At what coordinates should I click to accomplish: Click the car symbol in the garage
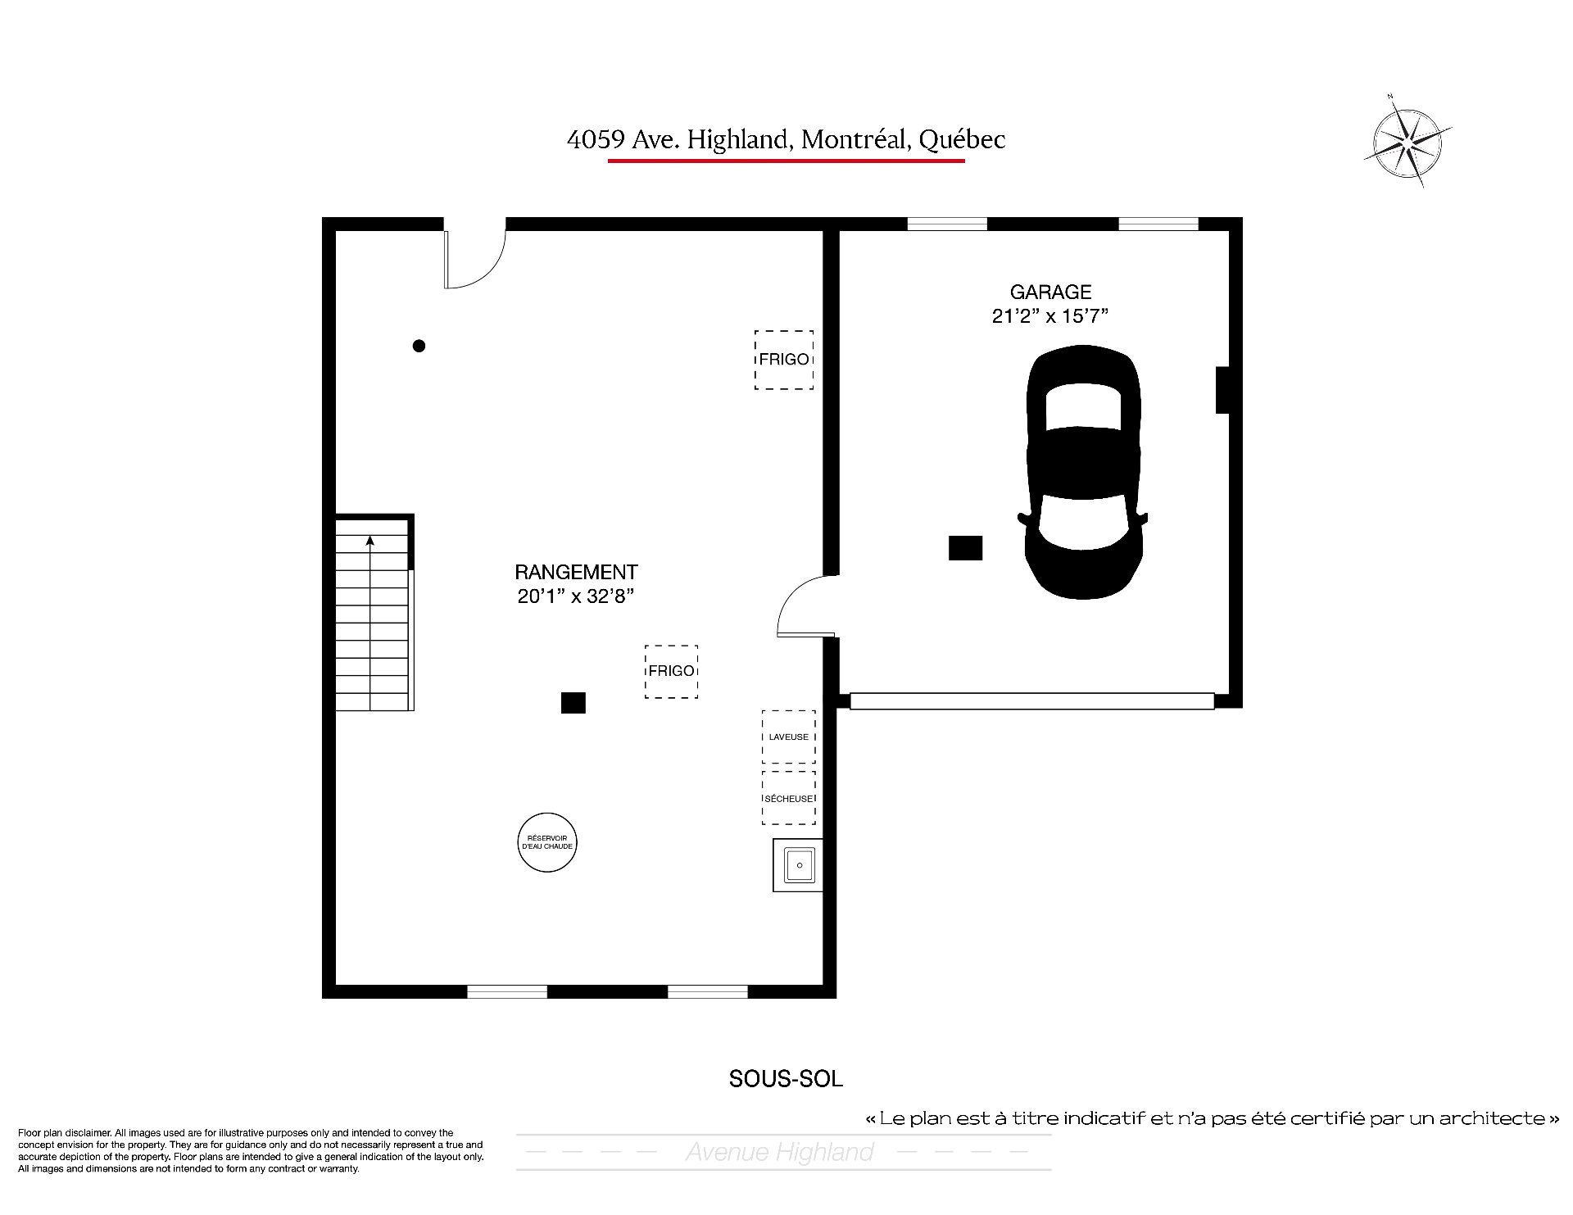pos(1082,473)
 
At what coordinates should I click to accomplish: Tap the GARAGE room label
pos(1050,292)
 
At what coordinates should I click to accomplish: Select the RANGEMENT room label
pos(576,572)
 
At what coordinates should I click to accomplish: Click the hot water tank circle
pos(547,842)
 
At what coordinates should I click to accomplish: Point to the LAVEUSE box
pos(788,737)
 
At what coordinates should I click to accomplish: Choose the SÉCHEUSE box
pos(788,798)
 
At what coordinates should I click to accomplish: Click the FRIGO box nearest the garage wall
pos(784,360)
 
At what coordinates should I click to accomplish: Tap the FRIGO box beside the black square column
pos(671,671)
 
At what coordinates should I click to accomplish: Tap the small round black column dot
pos(419,346)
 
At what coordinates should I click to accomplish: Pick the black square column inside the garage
pos(965,548)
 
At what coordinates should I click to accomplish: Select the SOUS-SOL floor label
pos(786,1078)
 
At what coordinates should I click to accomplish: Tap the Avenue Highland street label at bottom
pos(780,1152)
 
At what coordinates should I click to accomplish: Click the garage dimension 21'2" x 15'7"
pos(1050,316)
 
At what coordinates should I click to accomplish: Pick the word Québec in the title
pos(962,140)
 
